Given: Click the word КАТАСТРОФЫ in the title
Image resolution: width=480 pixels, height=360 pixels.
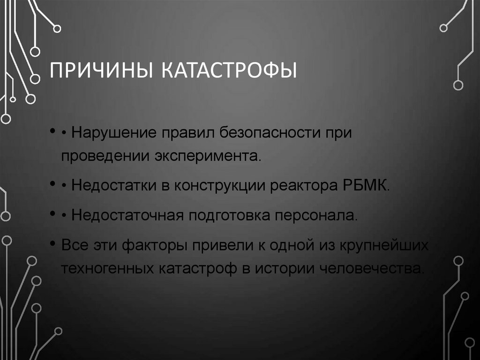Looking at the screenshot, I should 230,71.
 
